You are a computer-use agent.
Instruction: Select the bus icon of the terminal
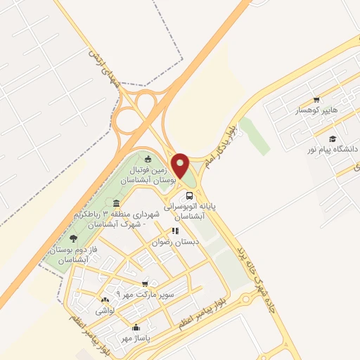click(188, 195)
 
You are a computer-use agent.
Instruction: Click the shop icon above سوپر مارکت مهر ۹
click(145, 284)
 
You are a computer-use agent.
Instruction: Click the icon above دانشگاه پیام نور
click(332, 139)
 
